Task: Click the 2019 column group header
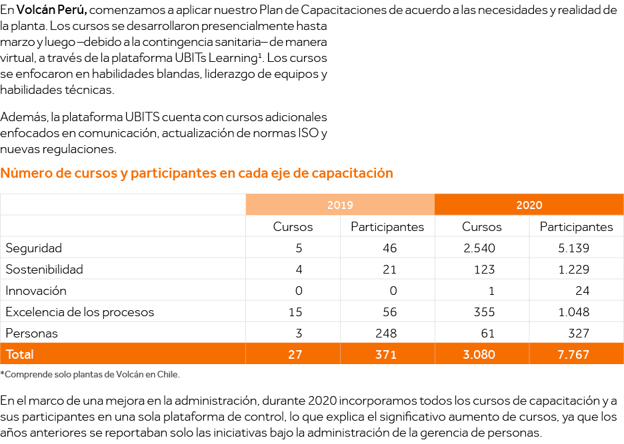340,205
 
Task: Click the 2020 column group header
529,205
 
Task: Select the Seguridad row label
34,248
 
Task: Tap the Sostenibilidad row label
45,270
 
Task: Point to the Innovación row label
36,291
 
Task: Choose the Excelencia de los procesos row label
80,312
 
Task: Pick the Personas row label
32,333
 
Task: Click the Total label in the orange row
20,354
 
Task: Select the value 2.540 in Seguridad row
478,248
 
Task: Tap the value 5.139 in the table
573,248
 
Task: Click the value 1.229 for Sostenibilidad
573,270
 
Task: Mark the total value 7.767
573,355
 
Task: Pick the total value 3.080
478,355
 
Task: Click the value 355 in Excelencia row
483,312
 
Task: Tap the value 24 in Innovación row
582,291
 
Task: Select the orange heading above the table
197,174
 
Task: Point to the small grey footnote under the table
89,374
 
